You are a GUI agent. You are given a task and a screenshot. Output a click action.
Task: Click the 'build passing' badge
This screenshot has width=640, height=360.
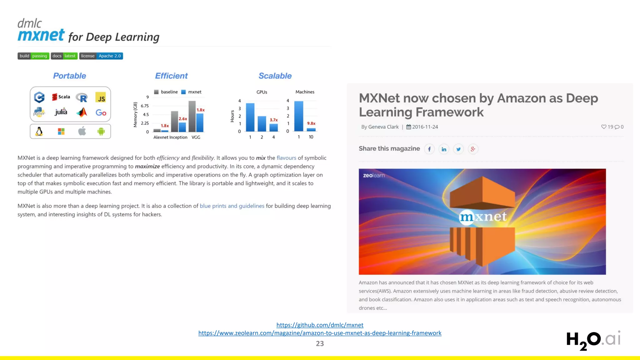pos(33,56)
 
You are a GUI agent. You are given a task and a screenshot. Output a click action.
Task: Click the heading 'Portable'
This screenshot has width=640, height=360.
pos(69,76)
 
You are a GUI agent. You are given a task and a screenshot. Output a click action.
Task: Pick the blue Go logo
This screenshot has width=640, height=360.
pos(101,112)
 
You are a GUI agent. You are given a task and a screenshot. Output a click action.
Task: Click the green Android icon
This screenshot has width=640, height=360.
pos(101,131)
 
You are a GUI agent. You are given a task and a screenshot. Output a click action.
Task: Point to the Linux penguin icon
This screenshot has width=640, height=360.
pos(39,131)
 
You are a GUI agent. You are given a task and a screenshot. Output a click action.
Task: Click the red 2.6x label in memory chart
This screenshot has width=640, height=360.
pos(183,119)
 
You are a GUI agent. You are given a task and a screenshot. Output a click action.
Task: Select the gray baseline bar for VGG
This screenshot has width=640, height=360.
pos(192,116)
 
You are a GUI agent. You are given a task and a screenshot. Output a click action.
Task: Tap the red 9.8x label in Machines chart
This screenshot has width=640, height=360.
pos(311,123)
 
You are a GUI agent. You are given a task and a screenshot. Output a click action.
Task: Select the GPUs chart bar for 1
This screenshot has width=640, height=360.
pos(250,117)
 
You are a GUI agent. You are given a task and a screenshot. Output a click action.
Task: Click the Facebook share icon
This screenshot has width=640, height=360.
pos(429,149)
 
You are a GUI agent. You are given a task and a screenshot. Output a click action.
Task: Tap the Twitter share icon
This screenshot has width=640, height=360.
pos(458,149)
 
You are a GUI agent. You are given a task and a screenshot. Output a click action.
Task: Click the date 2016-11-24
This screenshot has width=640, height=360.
pos(425,127)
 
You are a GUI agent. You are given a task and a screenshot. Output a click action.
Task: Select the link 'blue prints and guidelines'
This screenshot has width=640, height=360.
pos(232,206)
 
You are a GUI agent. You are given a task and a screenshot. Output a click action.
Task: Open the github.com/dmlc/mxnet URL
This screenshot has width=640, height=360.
pos(320,325)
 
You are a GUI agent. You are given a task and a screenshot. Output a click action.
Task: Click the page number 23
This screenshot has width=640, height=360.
pos(320,343)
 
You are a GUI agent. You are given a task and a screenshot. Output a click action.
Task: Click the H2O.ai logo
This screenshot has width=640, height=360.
pos(593,340)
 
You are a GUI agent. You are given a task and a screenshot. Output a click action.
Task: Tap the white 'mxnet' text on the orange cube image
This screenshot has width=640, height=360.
pos(483,216)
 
